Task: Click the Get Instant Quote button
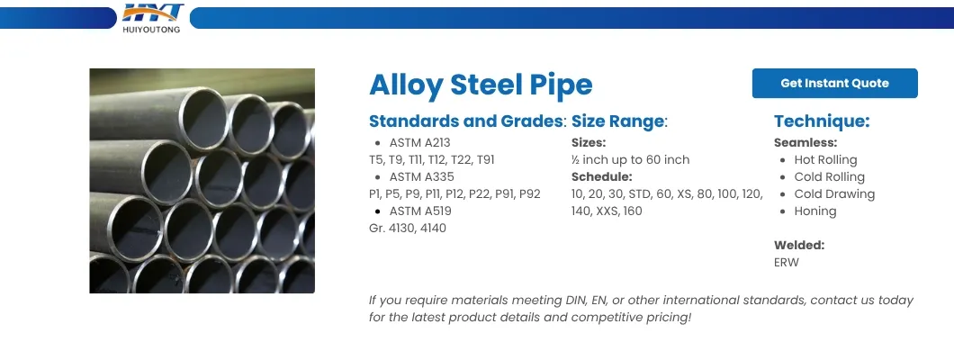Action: [834, 83]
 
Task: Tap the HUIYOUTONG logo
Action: [152, 18]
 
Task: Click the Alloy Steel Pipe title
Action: [481, 85]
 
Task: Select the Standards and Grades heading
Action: [467, 121]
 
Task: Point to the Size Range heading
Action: [619, 121]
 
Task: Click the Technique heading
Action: [822, 121]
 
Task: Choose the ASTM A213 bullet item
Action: [418, 142]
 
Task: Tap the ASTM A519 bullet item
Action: [420, 211]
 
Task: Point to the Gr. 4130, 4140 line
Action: [408, 228]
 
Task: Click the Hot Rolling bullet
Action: [825, 159]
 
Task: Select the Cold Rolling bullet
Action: [829, 176]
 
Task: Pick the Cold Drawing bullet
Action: [834, 193]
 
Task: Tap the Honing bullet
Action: [814, 211]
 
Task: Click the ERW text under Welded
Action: [787, 262]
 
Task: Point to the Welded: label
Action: [799, 245]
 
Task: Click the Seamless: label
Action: [805, 142]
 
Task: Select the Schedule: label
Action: [602, 176]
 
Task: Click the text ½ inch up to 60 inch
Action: [630, 159]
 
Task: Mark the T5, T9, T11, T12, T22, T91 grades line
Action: [431, 159]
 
